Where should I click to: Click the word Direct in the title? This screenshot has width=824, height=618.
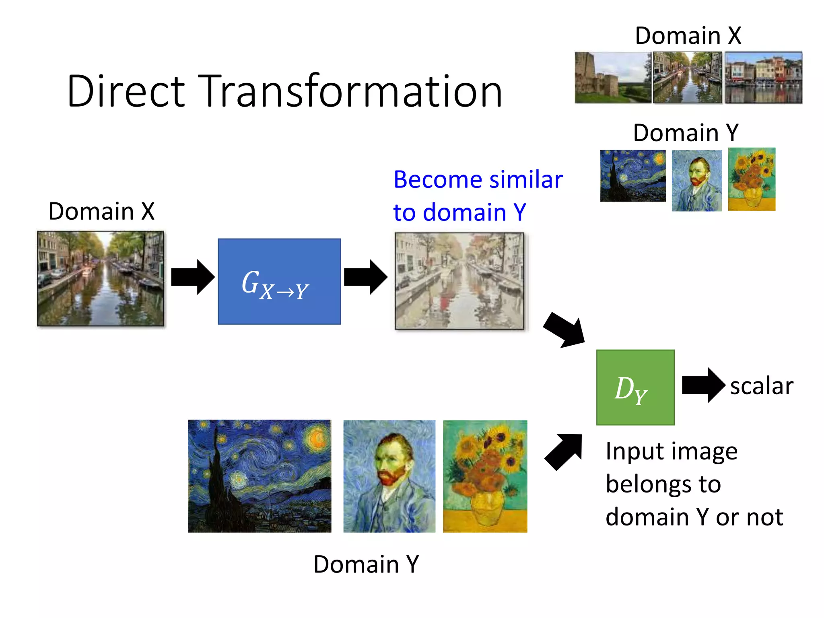[126, 92]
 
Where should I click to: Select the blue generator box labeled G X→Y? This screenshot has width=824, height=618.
[279, 281]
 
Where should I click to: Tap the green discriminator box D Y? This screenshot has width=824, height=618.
[635, 387]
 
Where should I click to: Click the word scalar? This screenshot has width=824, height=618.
[762, 386]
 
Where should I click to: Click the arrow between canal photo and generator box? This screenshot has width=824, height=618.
[192, 277]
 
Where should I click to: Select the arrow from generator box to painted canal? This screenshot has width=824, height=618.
[365, 277]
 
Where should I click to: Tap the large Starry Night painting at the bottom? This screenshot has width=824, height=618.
[260, 476]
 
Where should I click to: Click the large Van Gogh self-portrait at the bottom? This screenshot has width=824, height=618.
[389, 476]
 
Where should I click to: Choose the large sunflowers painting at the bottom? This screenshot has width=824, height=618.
[485, 476]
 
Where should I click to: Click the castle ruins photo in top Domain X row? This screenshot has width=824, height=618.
[612, 77]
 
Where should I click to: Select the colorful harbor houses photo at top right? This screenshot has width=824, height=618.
[763, 77]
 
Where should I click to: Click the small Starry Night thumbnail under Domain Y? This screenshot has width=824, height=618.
[633, 176]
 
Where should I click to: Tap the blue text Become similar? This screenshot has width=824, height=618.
[478, 179]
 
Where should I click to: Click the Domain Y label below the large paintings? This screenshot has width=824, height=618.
[366, 564]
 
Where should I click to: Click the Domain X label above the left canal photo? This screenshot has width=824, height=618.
[101, 211]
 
